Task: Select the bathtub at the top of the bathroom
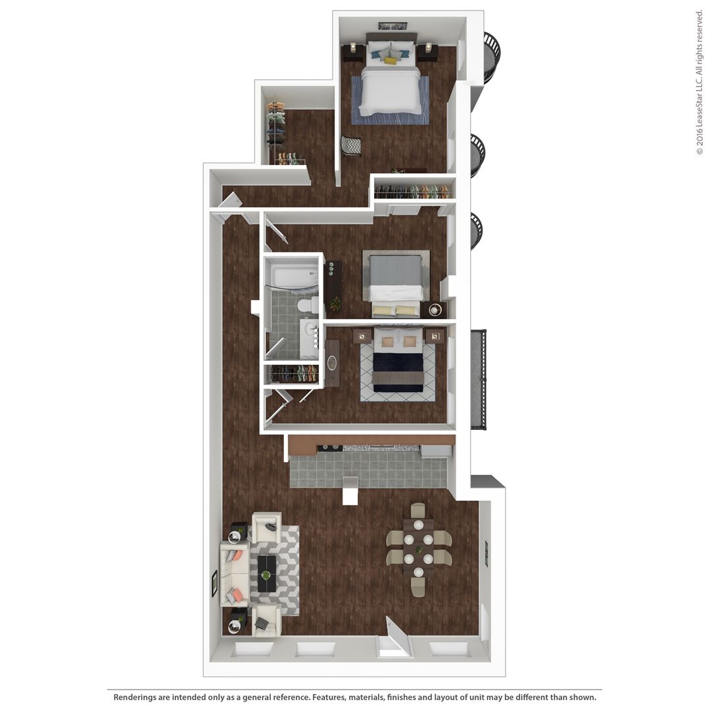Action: (294, 276)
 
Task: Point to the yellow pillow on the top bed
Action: (390, 60)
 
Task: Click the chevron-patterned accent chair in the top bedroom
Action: (351, 145)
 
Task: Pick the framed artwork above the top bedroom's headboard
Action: (392, 26)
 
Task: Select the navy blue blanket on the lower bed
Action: (398, 364)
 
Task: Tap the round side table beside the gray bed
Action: (435, 310)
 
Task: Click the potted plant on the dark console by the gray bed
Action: (336, 304)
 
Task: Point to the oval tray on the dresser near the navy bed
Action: (332, 363)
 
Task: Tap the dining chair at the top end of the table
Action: (418, 511)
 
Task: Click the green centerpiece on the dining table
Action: (418, 549)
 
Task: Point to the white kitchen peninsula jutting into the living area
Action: (350, 490)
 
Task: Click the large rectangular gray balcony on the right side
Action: (478, 379)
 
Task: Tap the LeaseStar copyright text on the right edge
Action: (699, 82)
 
